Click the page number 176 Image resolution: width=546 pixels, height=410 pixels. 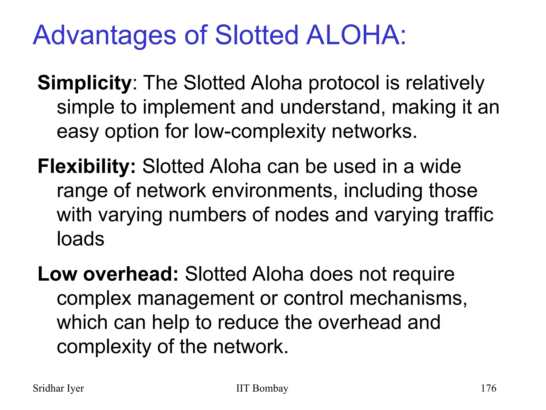tap(488, 388)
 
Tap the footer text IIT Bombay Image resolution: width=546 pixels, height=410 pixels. tap(262, 388)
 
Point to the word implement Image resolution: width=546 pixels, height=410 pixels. tap(189, 107)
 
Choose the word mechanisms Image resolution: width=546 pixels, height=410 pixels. tap(408, 298)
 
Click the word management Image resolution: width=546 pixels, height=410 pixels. tap(195, 298)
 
